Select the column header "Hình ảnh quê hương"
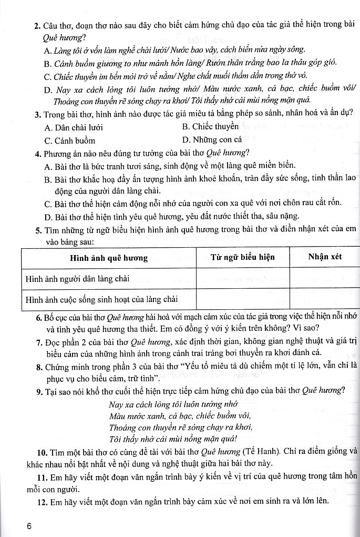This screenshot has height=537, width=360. pos(109,258)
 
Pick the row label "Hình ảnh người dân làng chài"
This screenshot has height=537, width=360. pos(78,278)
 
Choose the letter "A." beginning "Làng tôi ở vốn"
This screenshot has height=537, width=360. pos(49,50)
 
